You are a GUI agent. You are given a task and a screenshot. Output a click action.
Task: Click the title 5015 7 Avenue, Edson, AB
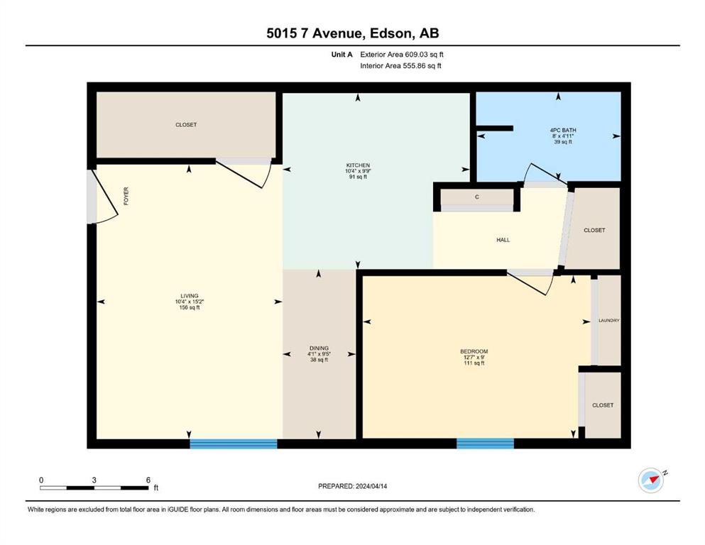click(x=352, y=33)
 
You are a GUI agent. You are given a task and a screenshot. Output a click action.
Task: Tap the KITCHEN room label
click(x=358, y=165)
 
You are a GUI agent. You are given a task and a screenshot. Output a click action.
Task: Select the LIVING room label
click(x=190, y=296)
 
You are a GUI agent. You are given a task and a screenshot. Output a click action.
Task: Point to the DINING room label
click(x=319, y=348)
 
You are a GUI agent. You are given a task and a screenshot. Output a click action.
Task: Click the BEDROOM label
click(x=474, y=351)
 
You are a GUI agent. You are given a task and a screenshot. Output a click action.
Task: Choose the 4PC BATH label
click(x=563, y=131)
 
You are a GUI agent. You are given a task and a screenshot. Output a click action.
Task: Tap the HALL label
click(x=503, y=240)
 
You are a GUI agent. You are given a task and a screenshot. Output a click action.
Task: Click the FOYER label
click(x=126, y=197)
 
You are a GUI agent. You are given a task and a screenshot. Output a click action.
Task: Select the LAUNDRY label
click(x=609, y=320)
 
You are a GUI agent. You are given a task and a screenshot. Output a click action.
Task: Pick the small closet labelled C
click(x=477, y=197)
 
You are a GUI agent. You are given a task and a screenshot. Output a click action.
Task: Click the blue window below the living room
click(x=234, y=444)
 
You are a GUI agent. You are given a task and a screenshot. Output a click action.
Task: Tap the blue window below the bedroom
click(x=485, y=444)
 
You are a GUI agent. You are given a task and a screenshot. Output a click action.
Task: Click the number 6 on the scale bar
click(x=148, y=480)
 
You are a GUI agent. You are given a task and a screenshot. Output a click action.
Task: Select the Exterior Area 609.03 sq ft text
click(x=402, y=55)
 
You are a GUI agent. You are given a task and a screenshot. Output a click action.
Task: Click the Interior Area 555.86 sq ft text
click(x=400, y=65)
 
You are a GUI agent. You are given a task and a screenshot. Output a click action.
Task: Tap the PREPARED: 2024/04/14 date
click(x=352, y=486)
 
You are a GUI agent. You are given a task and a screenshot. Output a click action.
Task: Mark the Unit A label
click(x=341, y=55)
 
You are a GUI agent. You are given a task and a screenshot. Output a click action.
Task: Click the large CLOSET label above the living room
click(x=186, y=124)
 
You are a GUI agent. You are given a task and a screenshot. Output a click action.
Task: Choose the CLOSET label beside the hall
click(x=594, y=230)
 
